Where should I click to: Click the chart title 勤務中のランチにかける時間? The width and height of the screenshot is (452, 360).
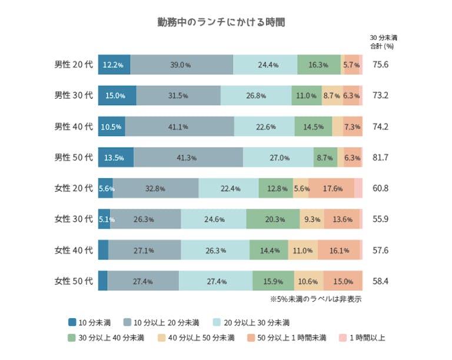221,22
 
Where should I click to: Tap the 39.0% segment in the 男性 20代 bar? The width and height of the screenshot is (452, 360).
181,65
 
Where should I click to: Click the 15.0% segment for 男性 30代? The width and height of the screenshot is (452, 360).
117,95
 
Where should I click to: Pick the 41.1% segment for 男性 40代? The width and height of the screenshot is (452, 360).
180,126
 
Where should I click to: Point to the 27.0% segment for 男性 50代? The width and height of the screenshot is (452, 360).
278,157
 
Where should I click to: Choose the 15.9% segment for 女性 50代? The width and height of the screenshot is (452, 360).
274,281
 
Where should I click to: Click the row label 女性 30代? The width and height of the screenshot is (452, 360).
74,219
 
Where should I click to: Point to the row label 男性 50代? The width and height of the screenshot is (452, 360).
74,157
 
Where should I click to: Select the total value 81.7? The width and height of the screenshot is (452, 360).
381,157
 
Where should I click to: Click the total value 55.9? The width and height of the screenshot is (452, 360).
381,219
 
